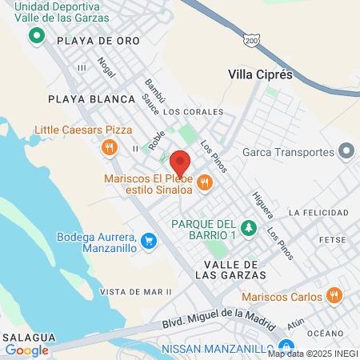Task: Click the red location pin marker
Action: point(181,162)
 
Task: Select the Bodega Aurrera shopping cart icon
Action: point(148,240)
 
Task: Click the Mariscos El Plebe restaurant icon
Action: point(205,182)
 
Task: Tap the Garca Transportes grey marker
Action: point(346,151)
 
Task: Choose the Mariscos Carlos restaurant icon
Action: point(334,296)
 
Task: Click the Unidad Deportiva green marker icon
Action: point(36,36)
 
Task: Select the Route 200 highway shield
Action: point(251,40)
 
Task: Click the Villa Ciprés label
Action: point(261,74)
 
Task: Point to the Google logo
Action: point(27,350)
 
